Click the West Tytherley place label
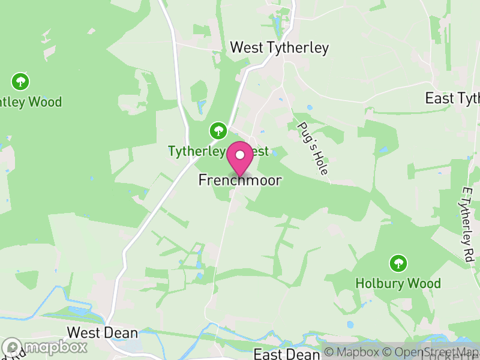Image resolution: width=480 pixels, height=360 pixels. (279, 48)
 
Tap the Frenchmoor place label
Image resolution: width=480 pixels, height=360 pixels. (240, 180)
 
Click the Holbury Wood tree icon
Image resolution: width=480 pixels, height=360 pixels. (397, 263)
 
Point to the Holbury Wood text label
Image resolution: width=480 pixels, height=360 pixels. (398, 283)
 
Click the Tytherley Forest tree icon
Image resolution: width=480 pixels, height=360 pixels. (217, 130)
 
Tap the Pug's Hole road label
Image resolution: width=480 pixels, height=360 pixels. (313, 148)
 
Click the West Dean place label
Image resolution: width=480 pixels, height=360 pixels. (102, 332)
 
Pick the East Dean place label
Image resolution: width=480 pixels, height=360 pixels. (286, 353)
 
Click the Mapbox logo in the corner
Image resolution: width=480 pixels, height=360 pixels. (44, 347)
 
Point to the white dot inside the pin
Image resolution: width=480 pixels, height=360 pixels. (240, 155)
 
